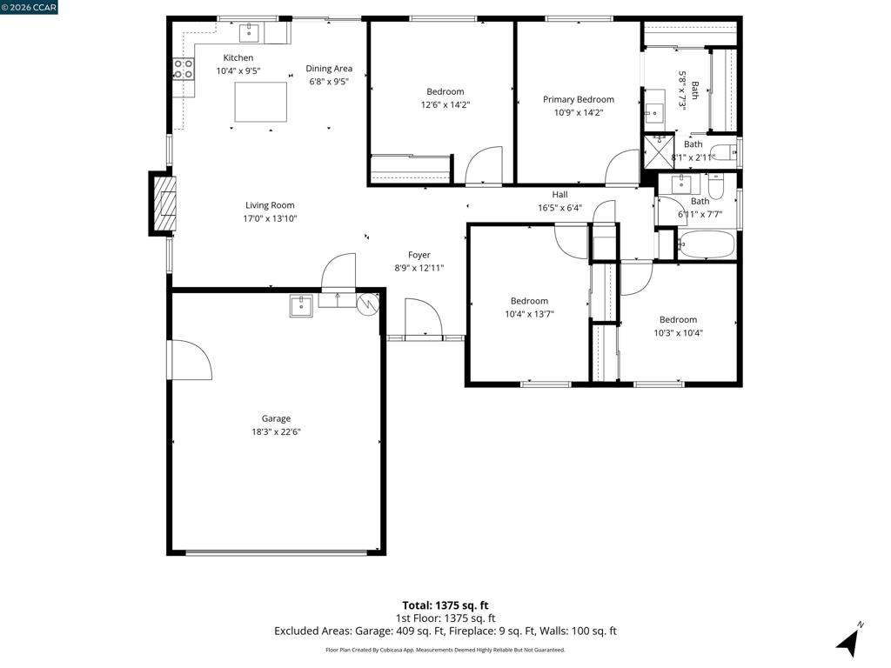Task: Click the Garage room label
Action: click(x=276, y=418)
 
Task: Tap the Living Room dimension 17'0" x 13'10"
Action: click(x=270, y=218)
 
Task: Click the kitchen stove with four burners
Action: click(x=184, y=69)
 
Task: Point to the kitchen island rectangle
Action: click(x=261, y=102)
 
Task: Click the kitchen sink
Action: click(x=249, y=33)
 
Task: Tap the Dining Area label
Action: click(x=329, y=68)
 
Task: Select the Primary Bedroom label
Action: click(x=579, y=99)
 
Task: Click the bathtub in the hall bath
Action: click(x=707, y=244)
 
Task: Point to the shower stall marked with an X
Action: click(x=659, y=151)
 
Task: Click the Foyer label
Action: click(x=419, y=255)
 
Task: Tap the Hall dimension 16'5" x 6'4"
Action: click(x=559, y=208)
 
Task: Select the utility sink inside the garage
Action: click(x=301, y=305)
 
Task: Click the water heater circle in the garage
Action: click(x=368, y=304)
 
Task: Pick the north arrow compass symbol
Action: click(x=848, y=641)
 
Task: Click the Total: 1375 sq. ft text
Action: click(x=445, y=605)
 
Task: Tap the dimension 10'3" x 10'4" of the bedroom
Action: click(x=679, y=333)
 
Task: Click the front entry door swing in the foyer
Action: click(x=424, y=319)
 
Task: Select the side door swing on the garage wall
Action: click(x=189, y=360)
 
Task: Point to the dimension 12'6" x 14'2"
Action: click(x=445, y=104)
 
